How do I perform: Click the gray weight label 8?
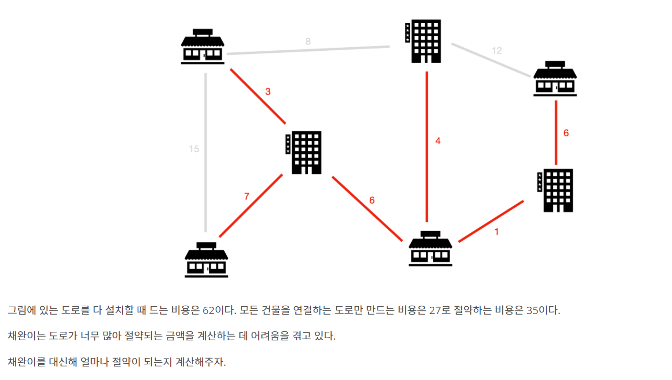(x=308, y=41)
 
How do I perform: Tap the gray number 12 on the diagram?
(x=497, y=51)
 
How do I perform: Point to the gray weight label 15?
(x=194, y=149)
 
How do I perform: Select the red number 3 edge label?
(x=268, y=92)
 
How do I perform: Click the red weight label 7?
(x=247, y=197)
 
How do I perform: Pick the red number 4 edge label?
(x=438, y=141)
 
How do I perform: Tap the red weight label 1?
(x=497, y=231)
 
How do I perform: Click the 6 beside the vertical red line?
(x=566, y=133)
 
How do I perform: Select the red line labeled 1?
(x=491, y=221)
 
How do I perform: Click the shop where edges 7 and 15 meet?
(x=206, y=259)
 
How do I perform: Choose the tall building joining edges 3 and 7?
(x=303, y=152)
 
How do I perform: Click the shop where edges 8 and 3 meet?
(x=203, y=46)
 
